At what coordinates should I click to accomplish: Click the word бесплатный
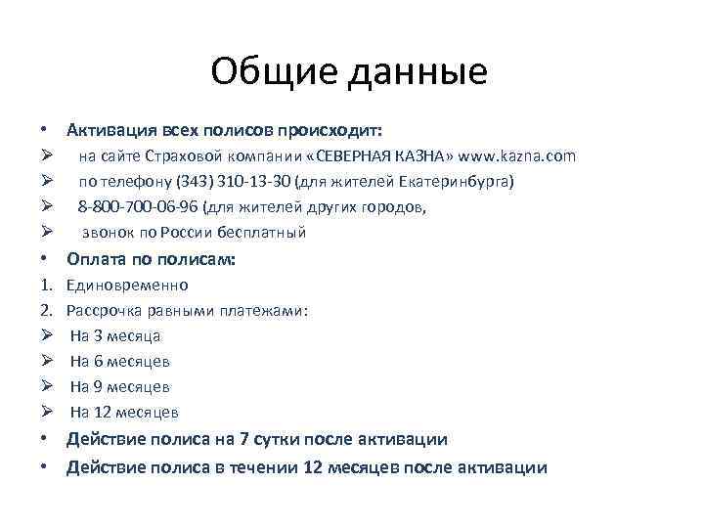(256, 233)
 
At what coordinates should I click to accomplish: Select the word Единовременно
(127, 286)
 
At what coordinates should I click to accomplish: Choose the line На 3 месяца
(115, 336)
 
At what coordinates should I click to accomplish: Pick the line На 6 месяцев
(120, 362)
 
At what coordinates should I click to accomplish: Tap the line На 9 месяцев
(120, 387)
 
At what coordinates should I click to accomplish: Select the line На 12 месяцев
(124, 413)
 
